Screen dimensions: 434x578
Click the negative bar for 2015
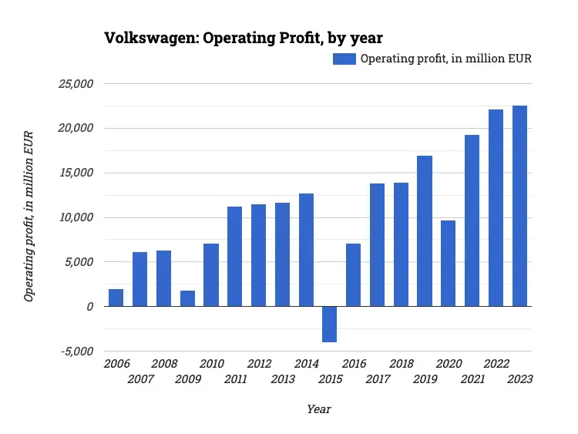(x=329, y=324)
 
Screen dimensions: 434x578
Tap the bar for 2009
(x=187, y=298)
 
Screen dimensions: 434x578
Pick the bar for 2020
(x=449, y=264)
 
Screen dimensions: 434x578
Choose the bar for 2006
(x=116, y=298)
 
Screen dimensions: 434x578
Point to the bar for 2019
(x=425, y=231)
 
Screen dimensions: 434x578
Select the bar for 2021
(x=472, y=220)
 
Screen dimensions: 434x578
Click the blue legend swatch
(x=344, y=59)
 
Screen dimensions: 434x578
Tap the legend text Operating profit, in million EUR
(x=446, y=59)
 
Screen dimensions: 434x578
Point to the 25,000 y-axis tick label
(x=76, y=84)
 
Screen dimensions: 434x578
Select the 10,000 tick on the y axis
(x=76, y=217)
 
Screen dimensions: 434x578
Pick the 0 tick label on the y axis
(x=89, y=307)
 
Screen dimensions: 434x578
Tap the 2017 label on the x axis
(x=377, y=379)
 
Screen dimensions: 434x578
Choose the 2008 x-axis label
(x=163, y=364)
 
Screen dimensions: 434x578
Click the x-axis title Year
(x=318, y=409)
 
